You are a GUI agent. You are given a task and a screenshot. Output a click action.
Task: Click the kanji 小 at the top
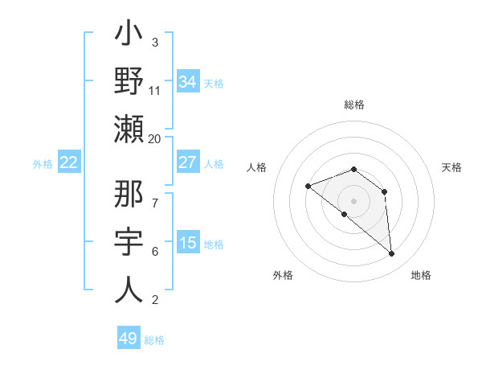click(129, 35)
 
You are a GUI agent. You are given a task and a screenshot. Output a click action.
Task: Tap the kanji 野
click(129, 81)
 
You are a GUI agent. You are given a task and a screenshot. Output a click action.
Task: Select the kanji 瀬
click(129, 128)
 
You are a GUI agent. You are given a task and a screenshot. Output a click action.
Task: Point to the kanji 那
click(129, 196)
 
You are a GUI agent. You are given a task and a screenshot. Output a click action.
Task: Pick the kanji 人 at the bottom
click(129, 289)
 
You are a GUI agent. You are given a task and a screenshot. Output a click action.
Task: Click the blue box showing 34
click(188, 82)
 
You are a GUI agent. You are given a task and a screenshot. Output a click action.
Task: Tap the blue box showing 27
click(188, 162)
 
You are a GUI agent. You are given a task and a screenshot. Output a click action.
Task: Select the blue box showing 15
click(188, 243)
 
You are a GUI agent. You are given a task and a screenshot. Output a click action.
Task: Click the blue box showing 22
click(69, 162)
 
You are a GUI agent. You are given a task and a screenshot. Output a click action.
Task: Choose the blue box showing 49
click(129, 339)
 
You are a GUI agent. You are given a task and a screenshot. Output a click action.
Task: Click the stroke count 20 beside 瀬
click(155, 138)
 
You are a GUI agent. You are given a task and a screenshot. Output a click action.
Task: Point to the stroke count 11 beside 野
click(155, 90)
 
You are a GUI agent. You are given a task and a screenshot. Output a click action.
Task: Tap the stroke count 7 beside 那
click(155, 195)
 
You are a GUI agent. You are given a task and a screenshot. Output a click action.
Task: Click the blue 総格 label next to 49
click(154, 340)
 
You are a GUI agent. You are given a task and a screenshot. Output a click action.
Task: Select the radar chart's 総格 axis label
click(353, 105)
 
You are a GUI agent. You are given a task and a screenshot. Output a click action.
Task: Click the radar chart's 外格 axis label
click(283, 275)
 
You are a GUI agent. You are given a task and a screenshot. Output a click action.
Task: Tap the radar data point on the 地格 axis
click(391, 254)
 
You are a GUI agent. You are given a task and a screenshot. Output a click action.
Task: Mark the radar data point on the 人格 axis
click(308, 187)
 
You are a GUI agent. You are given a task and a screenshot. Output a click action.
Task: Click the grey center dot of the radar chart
click(353, 201)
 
